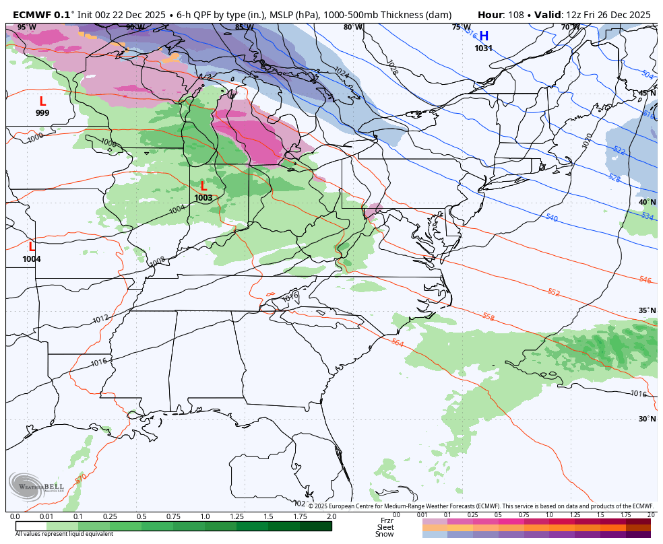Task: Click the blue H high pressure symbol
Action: point(484,36)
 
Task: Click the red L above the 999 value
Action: point(42,102)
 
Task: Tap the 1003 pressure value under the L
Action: point(203,198)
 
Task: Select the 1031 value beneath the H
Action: point(484,48)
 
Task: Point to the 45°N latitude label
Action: point(647,94)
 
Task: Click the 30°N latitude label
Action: point(647,419)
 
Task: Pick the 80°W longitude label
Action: point(352,28)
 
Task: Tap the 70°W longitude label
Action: point(570,28)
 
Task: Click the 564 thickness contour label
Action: point(398,343)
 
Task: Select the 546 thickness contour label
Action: point(645,279)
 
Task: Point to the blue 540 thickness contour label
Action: point(552,217)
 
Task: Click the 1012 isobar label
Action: point(100,318)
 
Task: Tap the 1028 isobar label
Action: point(391,66)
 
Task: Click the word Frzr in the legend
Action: point(387,520)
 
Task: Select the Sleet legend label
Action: point(385,527)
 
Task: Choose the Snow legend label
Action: point(385,534)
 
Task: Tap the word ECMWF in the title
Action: point(32,15)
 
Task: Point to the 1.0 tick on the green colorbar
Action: point(205,516)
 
